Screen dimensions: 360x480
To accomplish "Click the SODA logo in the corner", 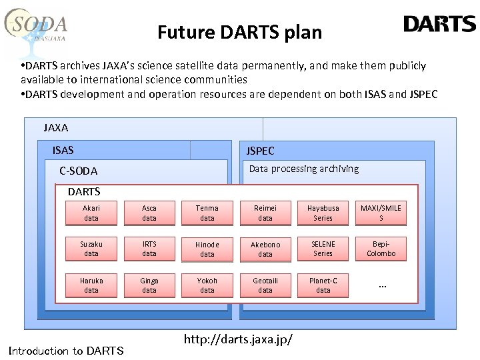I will (x=37, y=29).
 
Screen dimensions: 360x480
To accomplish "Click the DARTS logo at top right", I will (x=439, y=25).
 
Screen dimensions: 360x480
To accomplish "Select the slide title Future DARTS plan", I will (x=239, y=32).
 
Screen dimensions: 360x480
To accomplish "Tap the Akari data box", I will (x=91, y=213).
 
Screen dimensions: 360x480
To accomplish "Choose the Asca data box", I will (x=149, y=213).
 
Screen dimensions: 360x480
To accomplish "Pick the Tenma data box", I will (x=207, y=213).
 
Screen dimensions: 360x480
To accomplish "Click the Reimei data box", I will (x=265, y=213).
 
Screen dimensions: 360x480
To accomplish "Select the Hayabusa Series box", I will (x=323, y=213).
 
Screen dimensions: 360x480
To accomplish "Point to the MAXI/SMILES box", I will (x=381, y=213).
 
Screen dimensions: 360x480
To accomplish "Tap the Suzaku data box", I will (x=91, y=249).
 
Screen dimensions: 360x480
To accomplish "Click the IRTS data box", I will (x=149, y=249).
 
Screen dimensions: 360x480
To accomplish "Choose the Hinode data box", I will (x=207, y=249).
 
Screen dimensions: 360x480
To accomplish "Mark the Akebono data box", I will (x=265, y=249).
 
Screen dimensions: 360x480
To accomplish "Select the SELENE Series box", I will (x=323, y=249).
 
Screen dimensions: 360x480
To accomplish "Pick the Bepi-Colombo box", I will (x=381, y=249).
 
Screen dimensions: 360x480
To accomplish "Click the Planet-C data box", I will (x=323, y=285).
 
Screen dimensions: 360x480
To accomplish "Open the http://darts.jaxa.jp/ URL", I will (x=238, y=340).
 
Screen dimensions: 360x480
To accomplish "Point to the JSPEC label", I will (x=260, y=151).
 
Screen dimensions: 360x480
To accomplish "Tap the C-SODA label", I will (x=78, y=171).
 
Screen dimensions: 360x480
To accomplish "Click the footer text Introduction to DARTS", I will (x=65, y=351).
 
